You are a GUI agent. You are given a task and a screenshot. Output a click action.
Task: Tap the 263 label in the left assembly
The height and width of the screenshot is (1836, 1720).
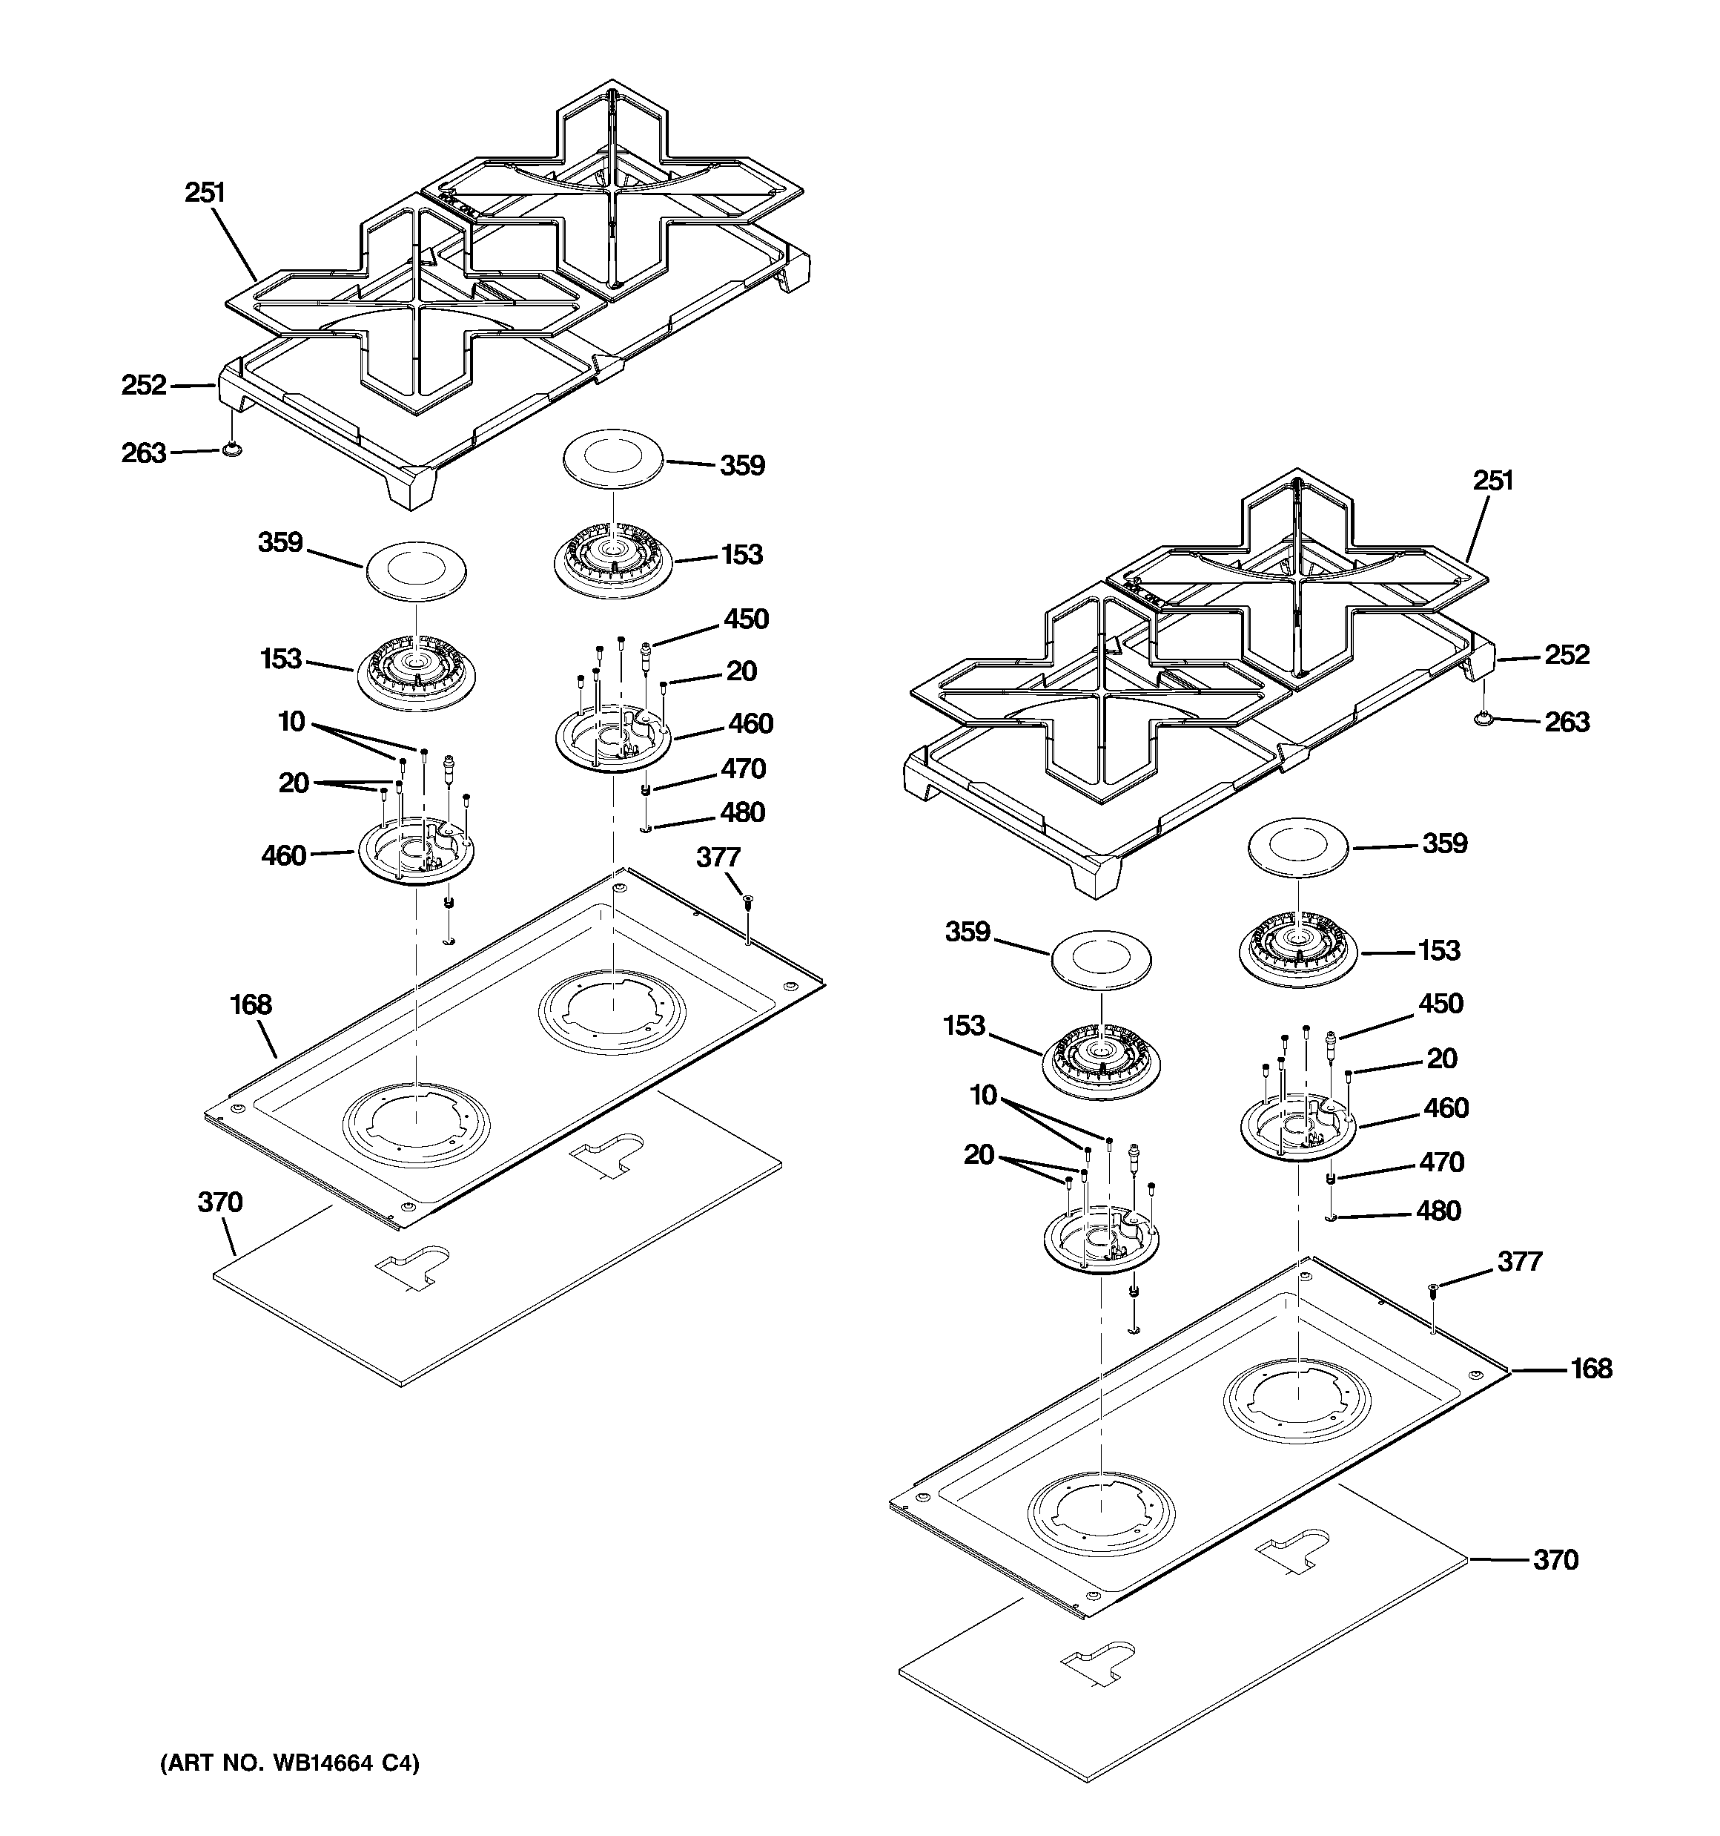click(144, 453)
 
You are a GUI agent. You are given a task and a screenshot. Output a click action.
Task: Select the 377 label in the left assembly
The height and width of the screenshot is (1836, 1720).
click(718, 858)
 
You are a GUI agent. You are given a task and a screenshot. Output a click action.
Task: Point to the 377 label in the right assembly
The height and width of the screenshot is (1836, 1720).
click(1519, 1262)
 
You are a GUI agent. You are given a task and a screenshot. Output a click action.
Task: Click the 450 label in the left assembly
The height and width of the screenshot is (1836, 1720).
click(746, 619)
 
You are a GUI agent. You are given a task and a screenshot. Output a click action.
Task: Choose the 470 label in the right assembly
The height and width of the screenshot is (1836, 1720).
click(1440, 1162)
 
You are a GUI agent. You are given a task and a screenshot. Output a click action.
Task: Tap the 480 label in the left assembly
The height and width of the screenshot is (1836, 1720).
click(742, 813)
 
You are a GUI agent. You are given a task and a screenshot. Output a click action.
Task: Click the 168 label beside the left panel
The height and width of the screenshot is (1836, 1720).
click(250, 1005)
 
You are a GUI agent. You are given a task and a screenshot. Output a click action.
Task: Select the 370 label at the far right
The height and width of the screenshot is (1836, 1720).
click(1555, 1561)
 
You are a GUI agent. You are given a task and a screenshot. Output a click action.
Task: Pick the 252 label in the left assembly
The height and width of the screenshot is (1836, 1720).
click(144, 385)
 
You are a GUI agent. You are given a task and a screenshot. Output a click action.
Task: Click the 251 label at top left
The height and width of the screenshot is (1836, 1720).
click(205, 193)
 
